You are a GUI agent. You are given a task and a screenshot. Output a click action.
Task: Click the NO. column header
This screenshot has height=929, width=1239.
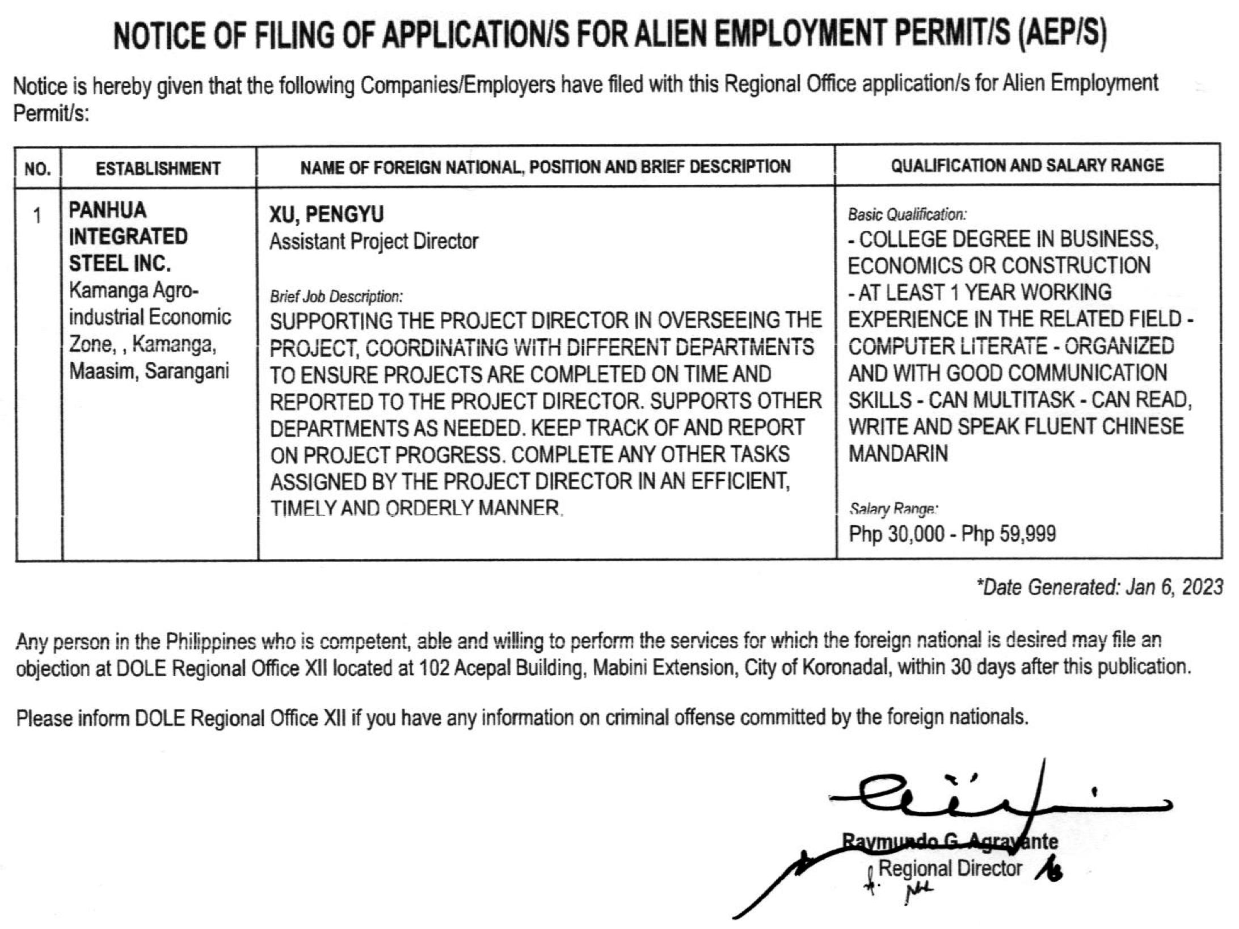[x=37, y=168]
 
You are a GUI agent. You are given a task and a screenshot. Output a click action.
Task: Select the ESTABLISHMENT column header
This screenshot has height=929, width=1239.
[x=158, y=168]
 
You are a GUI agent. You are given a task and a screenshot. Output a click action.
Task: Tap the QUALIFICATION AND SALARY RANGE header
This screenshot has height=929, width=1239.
[x=1027, y=166]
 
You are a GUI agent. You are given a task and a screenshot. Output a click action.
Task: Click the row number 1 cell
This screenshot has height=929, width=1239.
[x=37, y=216]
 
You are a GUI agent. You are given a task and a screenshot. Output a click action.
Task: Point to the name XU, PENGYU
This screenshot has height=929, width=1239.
[x=326, y=214]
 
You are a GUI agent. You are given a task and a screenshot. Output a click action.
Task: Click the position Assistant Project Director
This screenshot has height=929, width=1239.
[x=373, y=242]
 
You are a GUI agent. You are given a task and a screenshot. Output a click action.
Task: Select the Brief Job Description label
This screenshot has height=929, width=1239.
[x=336, y=297]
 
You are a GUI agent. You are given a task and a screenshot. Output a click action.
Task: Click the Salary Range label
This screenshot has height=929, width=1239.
[x=893, y=509]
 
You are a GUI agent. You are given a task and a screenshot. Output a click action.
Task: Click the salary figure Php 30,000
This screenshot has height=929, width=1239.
[x=896, y=534]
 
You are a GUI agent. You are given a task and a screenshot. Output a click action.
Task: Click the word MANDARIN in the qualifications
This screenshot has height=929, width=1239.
[x=897, y=454]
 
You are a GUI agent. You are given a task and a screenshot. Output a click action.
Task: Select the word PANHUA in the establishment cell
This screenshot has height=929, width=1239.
[x=108, y=210]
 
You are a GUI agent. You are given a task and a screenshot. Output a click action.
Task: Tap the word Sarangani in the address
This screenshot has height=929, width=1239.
[x=187, y=371]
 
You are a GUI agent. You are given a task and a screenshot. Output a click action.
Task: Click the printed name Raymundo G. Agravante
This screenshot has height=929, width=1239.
[x=950, y=841]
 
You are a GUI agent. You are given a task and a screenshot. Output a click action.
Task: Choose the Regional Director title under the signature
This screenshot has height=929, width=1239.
[x=950, y=868]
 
